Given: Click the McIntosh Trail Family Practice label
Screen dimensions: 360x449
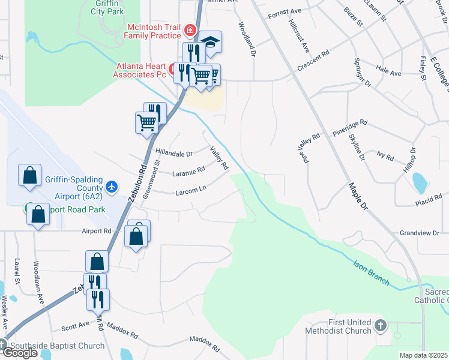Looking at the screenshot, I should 152,31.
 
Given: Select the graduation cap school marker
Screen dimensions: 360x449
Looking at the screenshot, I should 210,41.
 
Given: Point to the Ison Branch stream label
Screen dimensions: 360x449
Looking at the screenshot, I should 371,272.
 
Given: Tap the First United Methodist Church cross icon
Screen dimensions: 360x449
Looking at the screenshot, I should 379,326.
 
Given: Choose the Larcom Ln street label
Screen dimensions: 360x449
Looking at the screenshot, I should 190,191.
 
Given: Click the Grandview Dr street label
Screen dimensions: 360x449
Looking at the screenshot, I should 420,233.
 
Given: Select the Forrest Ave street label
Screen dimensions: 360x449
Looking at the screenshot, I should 285,12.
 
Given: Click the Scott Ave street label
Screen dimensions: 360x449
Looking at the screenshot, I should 76,327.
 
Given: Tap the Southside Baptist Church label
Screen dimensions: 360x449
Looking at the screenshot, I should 56,346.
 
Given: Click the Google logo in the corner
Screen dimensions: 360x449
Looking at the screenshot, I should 19,353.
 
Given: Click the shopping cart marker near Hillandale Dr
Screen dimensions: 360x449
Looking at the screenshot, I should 147,122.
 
